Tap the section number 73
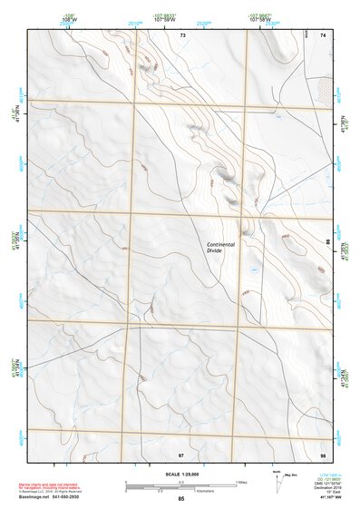click(182, 34)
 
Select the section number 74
click(323, 34)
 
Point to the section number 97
click(181, 453)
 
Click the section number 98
click(323, 453)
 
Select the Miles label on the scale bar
click(241, 481)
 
